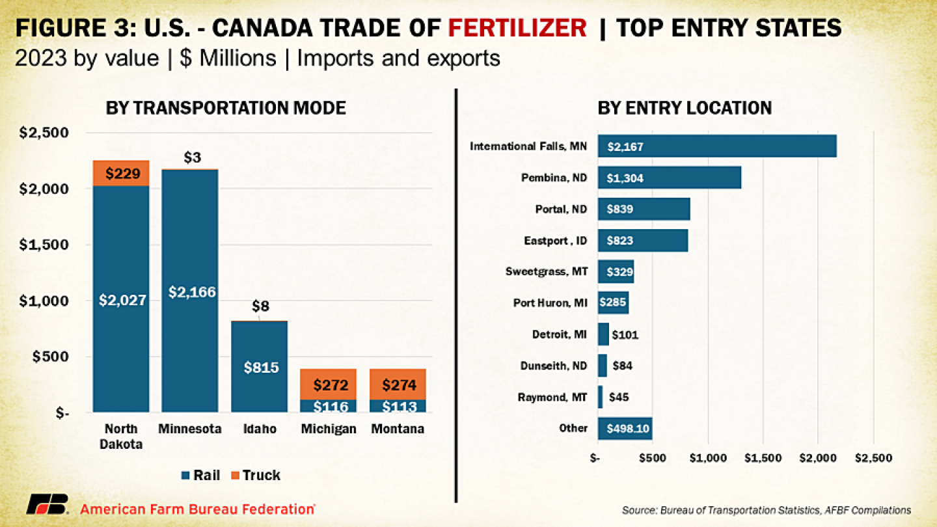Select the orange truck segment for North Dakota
tap(121, 174)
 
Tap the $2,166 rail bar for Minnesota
tap(190, 291)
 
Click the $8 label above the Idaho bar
tap(260, 306)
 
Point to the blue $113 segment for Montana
tap(399, 406)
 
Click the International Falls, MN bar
tap(717, 146)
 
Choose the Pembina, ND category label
tap(554, 178)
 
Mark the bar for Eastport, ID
tap(643, 241)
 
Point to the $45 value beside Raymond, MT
tap(619, 397)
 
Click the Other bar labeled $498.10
tap(625, 428)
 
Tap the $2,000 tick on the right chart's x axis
tap(817, 458)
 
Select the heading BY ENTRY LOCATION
tap(685, 108)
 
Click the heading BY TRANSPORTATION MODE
tap(226, 108)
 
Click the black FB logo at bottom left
tap(47, 504)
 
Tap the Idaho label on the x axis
tap(260, 429)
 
